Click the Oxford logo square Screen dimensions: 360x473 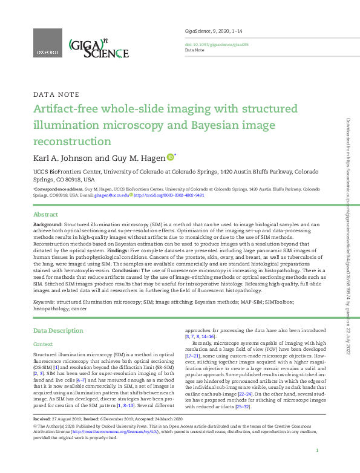47,45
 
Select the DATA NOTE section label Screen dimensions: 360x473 56,95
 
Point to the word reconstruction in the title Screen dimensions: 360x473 72,141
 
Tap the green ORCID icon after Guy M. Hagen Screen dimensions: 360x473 171,158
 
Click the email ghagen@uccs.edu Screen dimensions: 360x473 113,195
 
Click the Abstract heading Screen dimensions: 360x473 45,215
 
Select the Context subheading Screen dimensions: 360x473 43,344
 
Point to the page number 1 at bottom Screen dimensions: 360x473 317,451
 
